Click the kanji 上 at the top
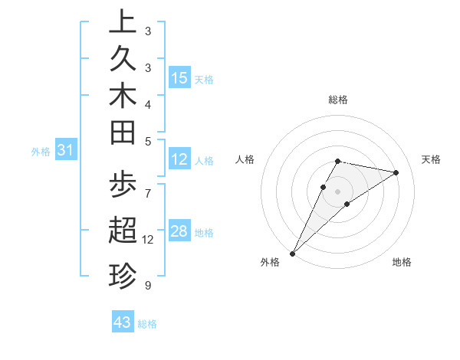(x=122, y=22)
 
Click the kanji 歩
(x=122, y=186)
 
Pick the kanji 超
(x=122, y=230)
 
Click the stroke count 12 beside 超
(x=148, y=240)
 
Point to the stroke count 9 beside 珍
(x=148, y=285)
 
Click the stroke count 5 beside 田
(x=148, y=141)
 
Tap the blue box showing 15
(x=179, y=78)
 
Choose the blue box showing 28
(x=179, y=232)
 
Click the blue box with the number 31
(x=66, y=151)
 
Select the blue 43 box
(x=123, y=322)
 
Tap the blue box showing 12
(x=179, y=160)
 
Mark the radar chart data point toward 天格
(x=396, y=172)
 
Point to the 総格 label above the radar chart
(x=338, y=100)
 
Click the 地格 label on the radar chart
(x=402, y=262)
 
